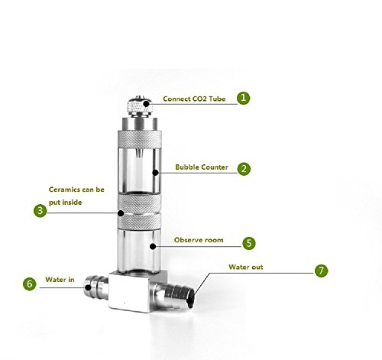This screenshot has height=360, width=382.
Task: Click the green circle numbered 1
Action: (244, 98)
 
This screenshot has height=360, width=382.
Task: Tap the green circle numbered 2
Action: (244, 169)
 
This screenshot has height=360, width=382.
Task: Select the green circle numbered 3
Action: (40, 211)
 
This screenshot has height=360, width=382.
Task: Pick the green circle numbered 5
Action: (249, 243)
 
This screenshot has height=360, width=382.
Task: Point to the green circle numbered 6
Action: (30, 284)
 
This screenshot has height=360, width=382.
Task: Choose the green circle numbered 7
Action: (321, 271)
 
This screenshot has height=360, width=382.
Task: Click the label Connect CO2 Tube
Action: (194, 99)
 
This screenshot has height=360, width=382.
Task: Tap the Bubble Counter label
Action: (202, 167)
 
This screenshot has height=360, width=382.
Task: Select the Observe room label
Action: (199, 240)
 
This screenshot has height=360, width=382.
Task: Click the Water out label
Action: (246, 267)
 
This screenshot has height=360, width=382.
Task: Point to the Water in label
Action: (60, 280)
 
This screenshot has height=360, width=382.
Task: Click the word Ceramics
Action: (64, 190)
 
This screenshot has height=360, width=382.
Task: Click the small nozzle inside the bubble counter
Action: (138, 153)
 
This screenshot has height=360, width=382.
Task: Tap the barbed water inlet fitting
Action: (96, 287)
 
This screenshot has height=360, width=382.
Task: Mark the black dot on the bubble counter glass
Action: (155, 173)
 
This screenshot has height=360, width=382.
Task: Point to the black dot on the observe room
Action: (153, 246)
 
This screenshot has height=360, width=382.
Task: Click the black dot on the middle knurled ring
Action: (121, 213)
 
